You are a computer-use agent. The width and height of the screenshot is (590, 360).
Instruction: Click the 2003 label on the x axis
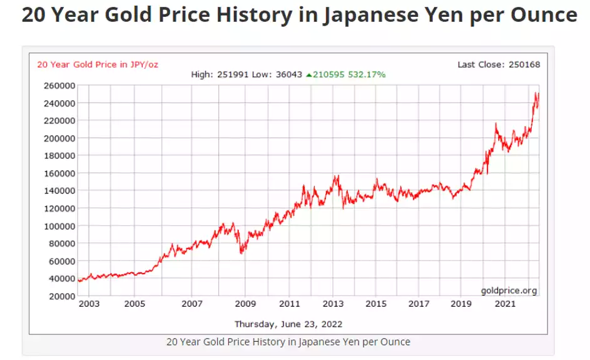click(x=89, y=304)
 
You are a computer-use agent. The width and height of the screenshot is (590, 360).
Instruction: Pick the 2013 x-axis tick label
click(x=333, y=304)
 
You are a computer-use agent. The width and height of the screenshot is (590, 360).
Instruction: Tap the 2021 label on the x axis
click(x=505, y=304)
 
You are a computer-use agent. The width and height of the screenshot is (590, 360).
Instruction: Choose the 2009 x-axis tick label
click(x=245, y=304)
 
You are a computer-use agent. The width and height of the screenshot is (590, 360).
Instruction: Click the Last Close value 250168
click(x=525, y=64)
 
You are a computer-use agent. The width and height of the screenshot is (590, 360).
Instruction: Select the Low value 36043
click(x=288, y=75)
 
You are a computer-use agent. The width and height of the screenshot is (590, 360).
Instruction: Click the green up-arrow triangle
click(x=308, y=75)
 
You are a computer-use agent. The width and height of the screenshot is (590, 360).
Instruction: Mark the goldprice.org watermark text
click(x=509, y=291)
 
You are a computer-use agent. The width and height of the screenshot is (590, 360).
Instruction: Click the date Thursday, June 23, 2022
click(x=288, y=324)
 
